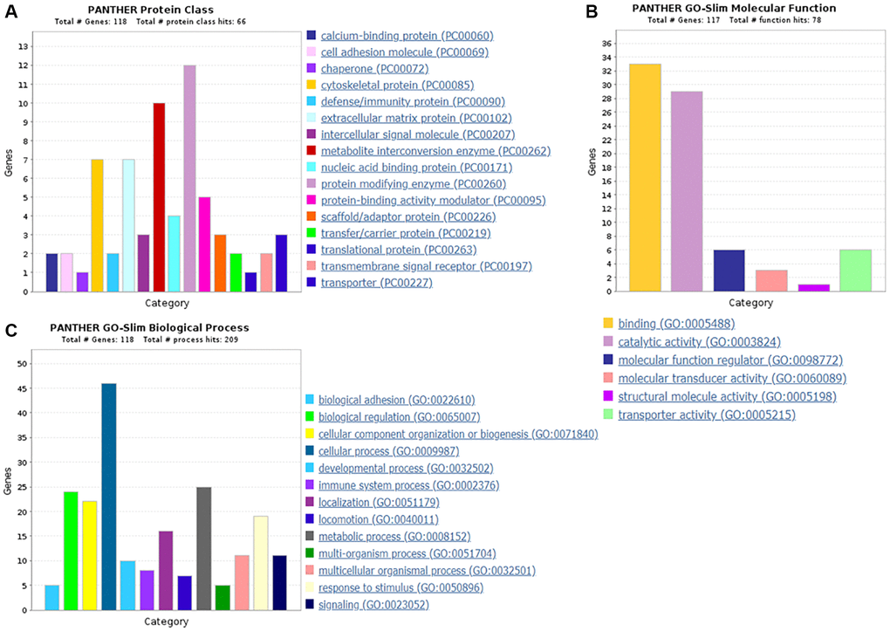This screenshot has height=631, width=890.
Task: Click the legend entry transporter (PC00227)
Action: (x=376, y=283)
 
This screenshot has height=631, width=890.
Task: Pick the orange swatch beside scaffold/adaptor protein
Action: (x=311, y=216)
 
